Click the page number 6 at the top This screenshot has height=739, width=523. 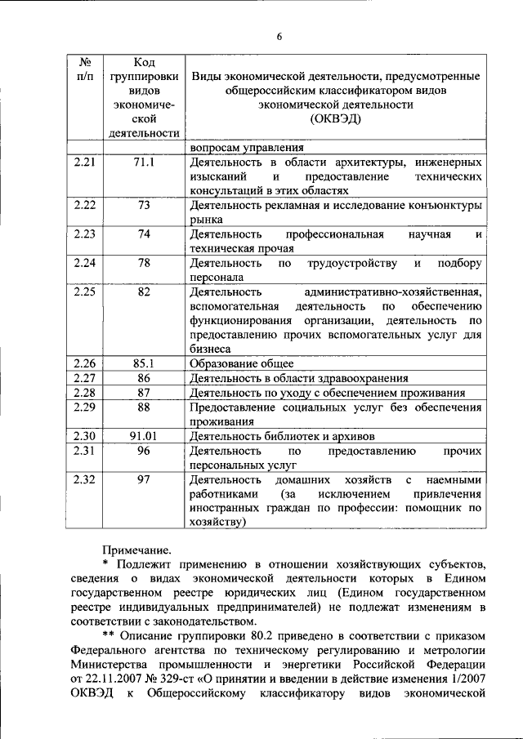[x=279, y=37]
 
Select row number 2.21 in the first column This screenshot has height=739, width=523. [x=84, y=162]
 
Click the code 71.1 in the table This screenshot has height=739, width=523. [x=144, y=162]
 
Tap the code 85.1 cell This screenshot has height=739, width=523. [x=144, y=364]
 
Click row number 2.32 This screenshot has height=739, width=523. [x=84, y=479]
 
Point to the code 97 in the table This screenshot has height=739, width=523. [x=144, y=479]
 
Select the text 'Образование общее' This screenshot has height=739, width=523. [x=241, y=364]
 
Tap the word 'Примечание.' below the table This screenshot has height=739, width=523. [x=136, y=551]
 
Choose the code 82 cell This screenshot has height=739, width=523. [x=144, y=292]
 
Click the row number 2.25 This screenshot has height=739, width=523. [x=84, y=292]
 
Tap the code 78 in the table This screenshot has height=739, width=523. [x=144, y=263]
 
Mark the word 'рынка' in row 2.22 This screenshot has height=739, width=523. [x=205, y=220]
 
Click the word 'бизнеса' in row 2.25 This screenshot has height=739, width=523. [x=211, y=349]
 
